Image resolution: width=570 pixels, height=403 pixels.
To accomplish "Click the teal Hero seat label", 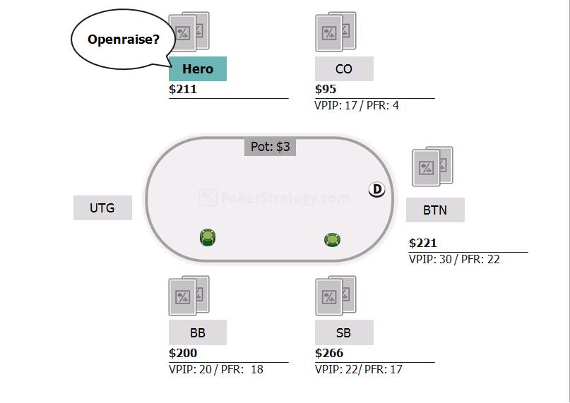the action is coord(198,68).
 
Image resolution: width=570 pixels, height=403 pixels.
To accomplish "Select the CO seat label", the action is coord(344,68).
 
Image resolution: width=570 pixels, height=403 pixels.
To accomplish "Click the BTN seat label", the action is coord(435,210).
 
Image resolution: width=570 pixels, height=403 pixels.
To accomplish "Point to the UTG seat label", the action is coord(102,208).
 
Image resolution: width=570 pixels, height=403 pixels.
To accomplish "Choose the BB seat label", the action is coord(198,332).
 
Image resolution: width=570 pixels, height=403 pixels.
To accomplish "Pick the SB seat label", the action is coord(344,332).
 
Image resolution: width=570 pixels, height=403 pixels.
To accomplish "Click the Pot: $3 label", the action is coord(270,147).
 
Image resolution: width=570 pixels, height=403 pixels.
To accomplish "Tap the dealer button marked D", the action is coord(376,189).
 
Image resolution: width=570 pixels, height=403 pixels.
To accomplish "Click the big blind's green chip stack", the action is coord(208,238).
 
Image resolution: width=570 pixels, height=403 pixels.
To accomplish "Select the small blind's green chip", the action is coord(332,240).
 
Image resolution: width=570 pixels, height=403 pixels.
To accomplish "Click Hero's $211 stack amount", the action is coord(183,89).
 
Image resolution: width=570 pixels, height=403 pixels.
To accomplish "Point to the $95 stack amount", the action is coord(326,89).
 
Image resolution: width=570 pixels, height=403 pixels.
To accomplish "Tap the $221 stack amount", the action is coord(423,243).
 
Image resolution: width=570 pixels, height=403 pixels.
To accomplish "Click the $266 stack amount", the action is coord(329,353).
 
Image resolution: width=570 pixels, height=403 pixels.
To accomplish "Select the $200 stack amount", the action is coord(183,353).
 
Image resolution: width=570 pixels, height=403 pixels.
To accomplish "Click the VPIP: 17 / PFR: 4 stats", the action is coord(357,106).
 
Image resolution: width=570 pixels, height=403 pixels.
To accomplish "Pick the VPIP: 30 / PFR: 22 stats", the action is coord(454,260).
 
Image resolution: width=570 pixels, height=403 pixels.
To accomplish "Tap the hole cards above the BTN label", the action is coord(432,167).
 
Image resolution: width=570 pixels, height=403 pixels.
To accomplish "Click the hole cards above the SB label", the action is coord(336,296).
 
